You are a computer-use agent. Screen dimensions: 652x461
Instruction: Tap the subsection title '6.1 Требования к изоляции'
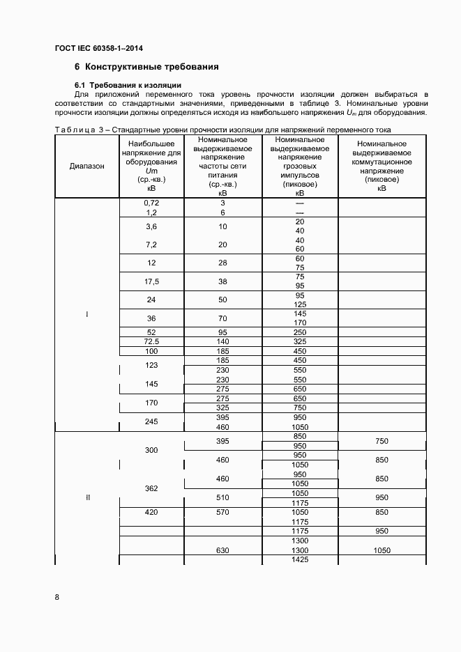click(128, 85)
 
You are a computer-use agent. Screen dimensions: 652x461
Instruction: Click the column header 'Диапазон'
click(87, 166)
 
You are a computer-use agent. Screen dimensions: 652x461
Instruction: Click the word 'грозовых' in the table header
click(300, 166)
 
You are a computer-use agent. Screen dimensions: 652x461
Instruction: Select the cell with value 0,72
click(151, 203)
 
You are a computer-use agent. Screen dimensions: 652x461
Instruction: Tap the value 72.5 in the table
click(151, 341)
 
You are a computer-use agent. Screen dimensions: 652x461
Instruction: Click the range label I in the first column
click(87, 315)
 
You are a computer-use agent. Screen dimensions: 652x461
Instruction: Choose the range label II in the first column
click(87, 497)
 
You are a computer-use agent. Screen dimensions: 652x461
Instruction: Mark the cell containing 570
click(222, 512)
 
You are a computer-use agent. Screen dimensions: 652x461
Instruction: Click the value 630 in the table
click(222, 550)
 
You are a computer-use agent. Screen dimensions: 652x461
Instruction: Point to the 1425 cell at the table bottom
click(300, 559)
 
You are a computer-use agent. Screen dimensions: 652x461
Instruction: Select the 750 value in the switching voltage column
click(381, 441)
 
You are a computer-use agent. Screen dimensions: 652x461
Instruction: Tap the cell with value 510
click(222, 497)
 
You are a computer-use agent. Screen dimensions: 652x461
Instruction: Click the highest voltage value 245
click(151, 421)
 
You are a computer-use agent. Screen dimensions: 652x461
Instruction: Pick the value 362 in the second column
click(151, 488)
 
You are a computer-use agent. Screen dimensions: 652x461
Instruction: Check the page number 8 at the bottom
click(57, 597)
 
